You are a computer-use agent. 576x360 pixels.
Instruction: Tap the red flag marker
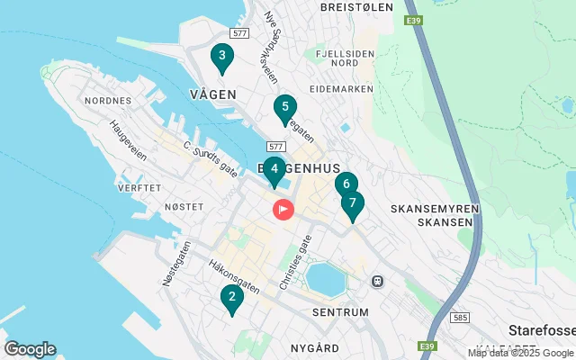pos(283,211)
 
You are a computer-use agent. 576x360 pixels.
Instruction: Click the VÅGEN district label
pos(213,94)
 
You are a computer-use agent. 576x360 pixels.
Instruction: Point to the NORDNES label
pos(108,102)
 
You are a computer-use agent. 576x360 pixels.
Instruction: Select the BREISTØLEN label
pos(357,6)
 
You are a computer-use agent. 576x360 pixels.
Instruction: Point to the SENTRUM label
pos(340,312)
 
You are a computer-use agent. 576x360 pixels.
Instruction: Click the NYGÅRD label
pos(315,347)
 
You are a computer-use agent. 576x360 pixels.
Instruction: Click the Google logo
pos(30,349)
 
